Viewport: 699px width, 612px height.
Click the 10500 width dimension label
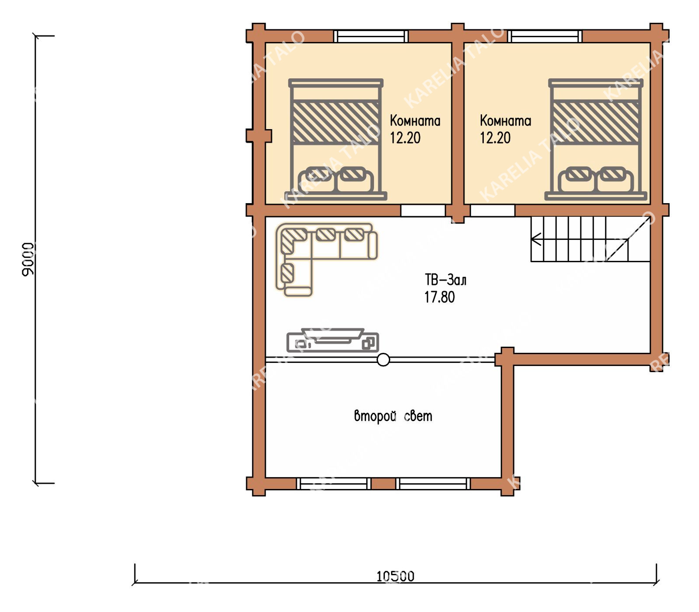(x=395, y=576)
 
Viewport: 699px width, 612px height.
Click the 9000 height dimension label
(x=28, y=259)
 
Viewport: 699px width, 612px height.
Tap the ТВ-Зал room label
(x=445, y=280)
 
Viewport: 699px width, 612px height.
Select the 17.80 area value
(x=440, y=297)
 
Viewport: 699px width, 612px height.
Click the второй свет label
(x=393, y=416)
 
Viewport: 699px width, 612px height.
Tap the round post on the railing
(x=383, y=360)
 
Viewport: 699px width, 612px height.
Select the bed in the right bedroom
(x=596, y=140)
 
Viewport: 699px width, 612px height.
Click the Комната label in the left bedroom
(x=415, y=120)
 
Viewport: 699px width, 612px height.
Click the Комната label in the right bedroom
(x=505, y=120)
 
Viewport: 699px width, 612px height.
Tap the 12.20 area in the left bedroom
(x=405, y=138)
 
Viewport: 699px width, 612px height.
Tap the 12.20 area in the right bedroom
(x=495, y=138)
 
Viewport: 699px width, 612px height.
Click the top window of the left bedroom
(x=371, y=36)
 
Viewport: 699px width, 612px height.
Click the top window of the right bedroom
(x=545, y=36)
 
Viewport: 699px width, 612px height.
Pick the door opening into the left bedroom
(x=423, y=211)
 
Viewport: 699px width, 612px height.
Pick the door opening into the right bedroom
(x=493, y=211)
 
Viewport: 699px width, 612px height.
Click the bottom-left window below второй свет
(x=334, y=484)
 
